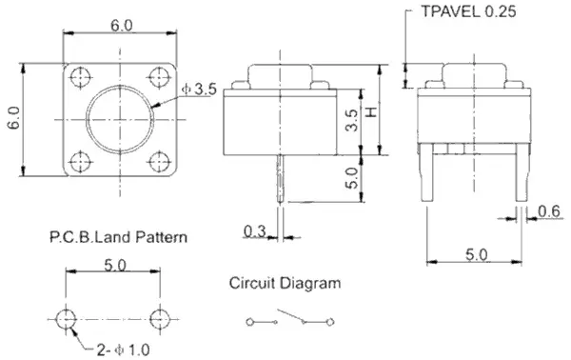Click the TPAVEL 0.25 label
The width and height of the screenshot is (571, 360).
(x=468, y=11)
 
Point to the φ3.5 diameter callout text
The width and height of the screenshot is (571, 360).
(x=199, y=89)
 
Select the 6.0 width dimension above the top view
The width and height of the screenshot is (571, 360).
(x=122, y=26)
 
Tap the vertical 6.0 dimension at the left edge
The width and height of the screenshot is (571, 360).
(x=14, y=118)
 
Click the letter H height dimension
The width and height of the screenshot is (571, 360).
(x=371, y=112)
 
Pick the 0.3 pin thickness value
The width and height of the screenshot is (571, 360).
(x=254, y=231)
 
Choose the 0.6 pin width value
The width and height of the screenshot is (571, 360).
(x=549, y=211)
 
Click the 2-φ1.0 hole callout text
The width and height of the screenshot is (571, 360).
(x=123, y=350)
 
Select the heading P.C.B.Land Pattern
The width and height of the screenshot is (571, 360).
(x=118, y=237)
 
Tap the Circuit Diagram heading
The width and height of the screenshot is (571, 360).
(x=285, y=283)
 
